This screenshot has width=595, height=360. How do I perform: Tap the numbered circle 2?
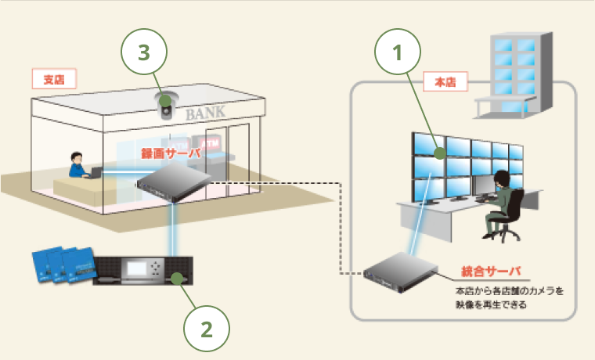[x=207, y=329]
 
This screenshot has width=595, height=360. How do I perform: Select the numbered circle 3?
[x=143, y=53]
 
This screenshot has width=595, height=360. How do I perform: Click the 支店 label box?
[x=53, y=78]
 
